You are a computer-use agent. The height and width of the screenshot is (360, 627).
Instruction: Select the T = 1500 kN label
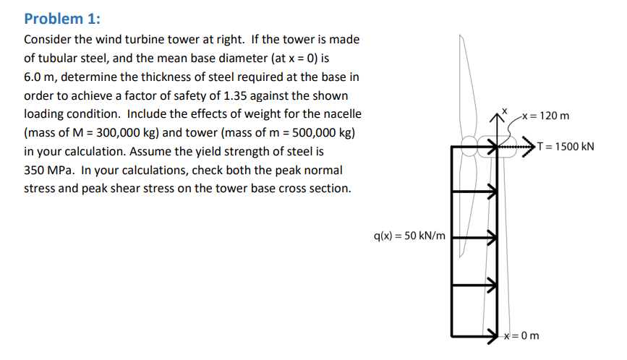567,147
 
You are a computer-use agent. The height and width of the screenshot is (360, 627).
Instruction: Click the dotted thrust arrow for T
519,147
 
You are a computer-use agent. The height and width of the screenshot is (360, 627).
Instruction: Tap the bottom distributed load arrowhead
494,335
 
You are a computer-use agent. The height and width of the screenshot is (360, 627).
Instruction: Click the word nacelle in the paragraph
338,114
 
